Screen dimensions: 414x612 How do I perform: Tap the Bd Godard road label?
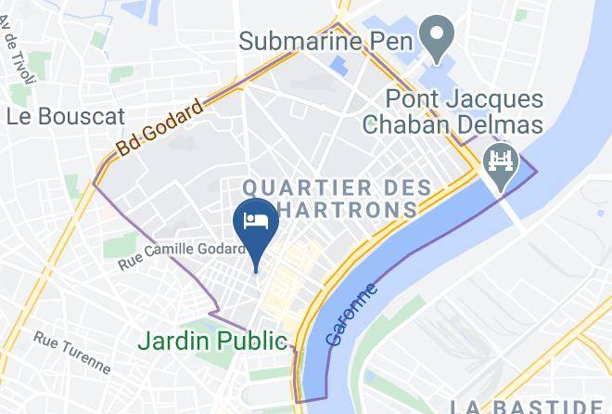[160, 132]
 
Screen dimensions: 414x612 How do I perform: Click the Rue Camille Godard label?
[182, 256]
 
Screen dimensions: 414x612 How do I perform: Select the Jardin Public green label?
[212, 341]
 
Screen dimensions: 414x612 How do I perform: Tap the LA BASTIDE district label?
[529, 406]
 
